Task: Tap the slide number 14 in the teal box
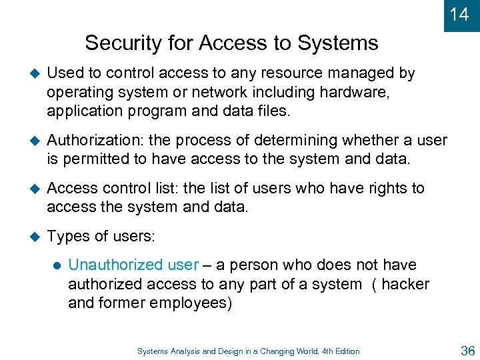(x=459, y=14)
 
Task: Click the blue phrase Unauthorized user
(x=133, y=265)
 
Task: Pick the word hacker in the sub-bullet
(x=405, y=284)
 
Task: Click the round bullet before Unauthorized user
(x=56, y=265)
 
